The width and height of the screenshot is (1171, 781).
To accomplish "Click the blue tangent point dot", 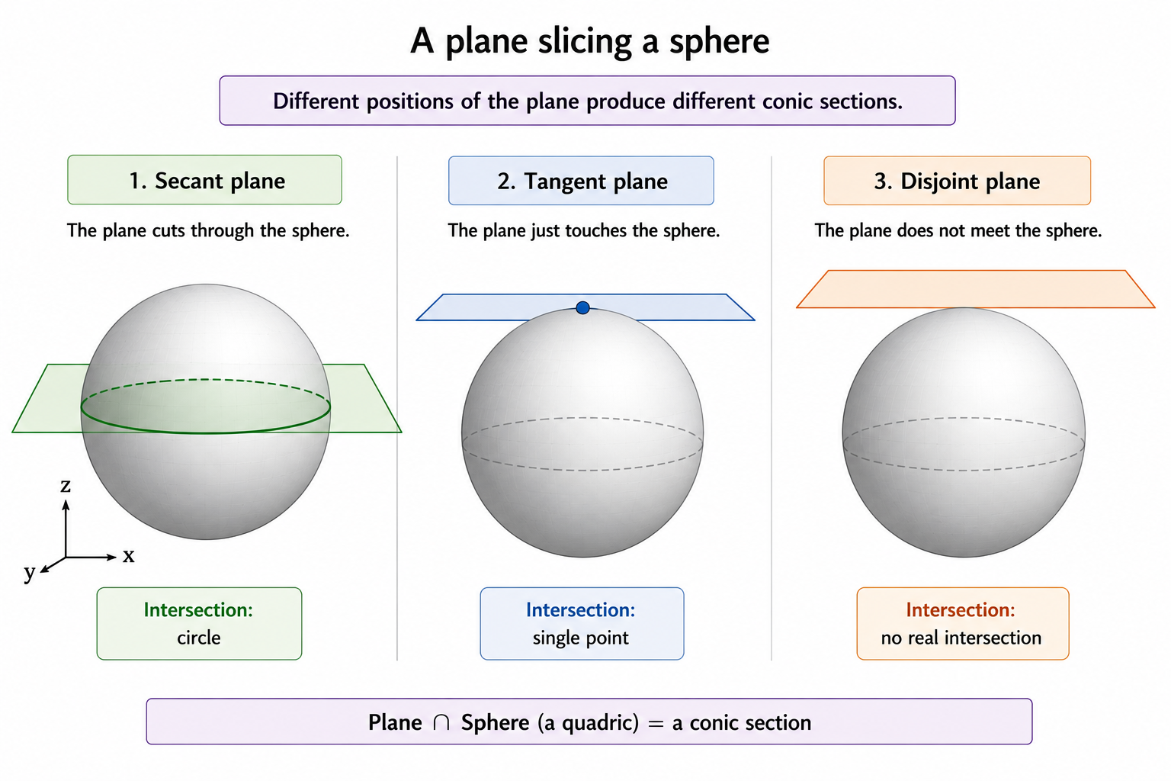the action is pos(582,307).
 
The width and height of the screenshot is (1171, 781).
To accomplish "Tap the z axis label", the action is pos(66,485).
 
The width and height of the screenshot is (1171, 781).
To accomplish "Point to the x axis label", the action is pos(129,555).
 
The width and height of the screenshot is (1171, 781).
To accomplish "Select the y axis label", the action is pos(29,572).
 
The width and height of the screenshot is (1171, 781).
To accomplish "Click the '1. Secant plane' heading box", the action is pos(204,179).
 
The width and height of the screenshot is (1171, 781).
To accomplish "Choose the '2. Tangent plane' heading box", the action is pos(581,181).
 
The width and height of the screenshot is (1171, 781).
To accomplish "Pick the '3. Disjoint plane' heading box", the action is pos(958,181).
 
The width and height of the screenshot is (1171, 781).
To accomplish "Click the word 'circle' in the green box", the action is pos(199,637).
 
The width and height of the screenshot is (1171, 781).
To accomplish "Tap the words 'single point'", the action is pos(581,638).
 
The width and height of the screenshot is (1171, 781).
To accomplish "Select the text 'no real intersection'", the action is pos(961,638).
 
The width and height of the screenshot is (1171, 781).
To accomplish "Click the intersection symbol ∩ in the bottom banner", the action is pos(441,723).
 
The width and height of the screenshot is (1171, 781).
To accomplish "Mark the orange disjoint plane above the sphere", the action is pos(976,289).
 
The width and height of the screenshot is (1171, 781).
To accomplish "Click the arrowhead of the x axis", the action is pos(111,557).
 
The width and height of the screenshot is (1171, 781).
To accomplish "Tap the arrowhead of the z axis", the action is pos(66,505).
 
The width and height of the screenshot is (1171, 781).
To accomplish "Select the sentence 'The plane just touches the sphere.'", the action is pos(583,230).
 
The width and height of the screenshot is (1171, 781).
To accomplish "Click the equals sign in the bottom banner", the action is pos(655,724).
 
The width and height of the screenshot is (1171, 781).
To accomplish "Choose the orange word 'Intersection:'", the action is pos(961,610).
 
